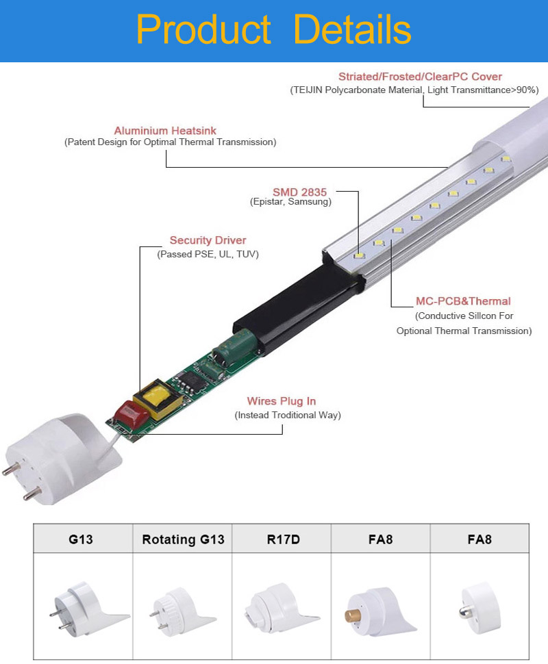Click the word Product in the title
click(203, 29)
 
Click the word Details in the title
click(352, 29)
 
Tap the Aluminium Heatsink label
click(165, 131)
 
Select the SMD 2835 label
click(299, 192)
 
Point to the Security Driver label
click(208, 240)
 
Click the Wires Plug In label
click(282, 400)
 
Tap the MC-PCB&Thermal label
click(463, 301)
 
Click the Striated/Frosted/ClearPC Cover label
click(420, 77)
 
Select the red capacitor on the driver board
click(132, 413)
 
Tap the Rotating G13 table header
click(183, 539)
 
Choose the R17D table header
click(283, 539)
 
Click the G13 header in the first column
click(81, 539)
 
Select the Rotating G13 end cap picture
click(182, 611)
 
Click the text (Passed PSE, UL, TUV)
click(208, 254)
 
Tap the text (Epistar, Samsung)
click(290, 201)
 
